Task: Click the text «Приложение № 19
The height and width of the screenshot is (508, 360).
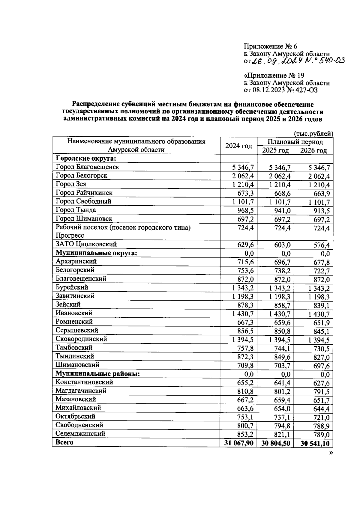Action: tap(274, 76)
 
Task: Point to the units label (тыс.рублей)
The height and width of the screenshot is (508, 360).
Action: tap(313, 133)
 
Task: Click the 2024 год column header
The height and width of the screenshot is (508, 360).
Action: tap(238, 146)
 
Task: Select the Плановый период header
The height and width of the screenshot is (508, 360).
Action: tap(295, 141)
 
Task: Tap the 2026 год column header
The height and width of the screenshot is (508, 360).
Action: tap(313, 150)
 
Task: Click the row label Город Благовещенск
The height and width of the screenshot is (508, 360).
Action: tap(87, 167)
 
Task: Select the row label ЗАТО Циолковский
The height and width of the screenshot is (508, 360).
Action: tap(86, 245)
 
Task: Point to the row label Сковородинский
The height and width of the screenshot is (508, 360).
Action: tap(81, 339)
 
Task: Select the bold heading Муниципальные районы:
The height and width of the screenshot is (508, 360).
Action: tap(98, 374)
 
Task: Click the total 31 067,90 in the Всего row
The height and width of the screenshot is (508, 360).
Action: tap(238, 443)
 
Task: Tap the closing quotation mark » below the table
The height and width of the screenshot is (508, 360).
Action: tap(331, 453)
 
